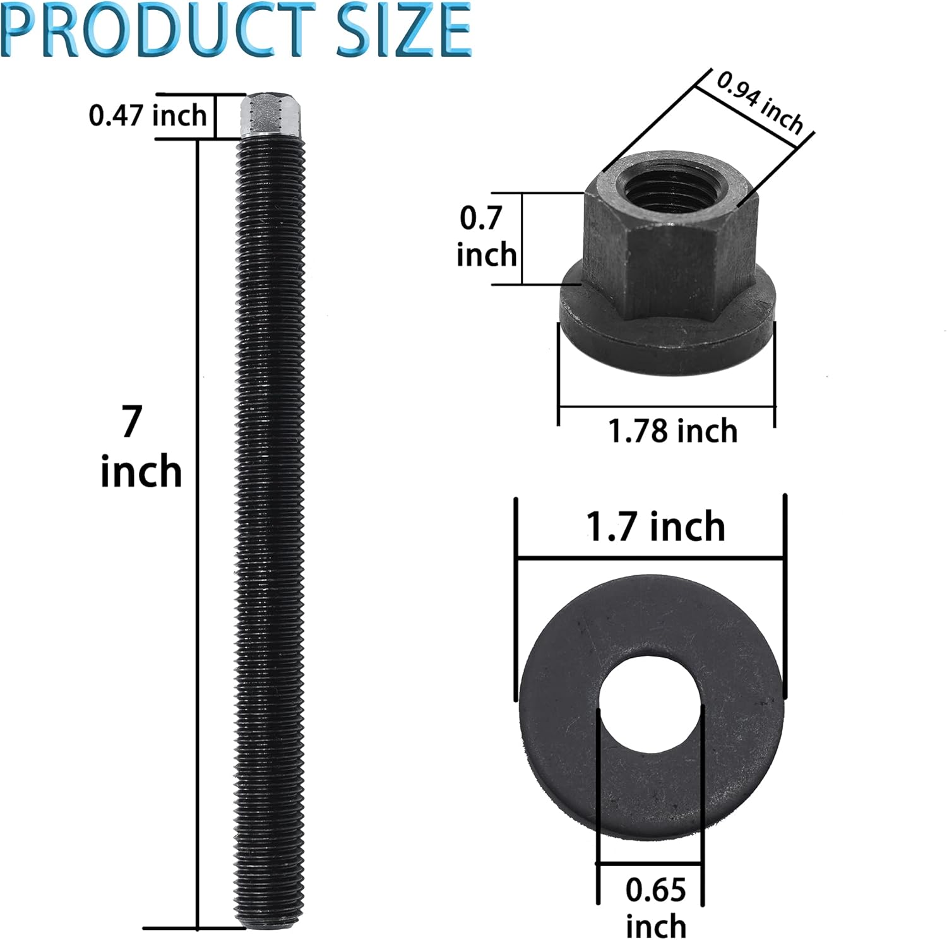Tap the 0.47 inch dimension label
point(148,116)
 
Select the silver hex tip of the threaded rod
point(271,116)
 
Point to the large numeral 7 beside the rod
point(131,422)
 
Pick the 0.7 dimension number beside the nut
point(480,218)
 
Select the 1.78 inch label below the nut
point(672,431)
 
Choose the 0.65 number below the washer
point(655,890)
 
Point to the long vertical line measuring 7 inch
point(198,530)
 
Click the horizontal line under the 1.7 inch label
point(650,558)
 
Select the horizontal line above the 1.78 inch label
point(667,407)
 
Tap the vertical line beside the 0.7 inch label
point(522,239)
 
